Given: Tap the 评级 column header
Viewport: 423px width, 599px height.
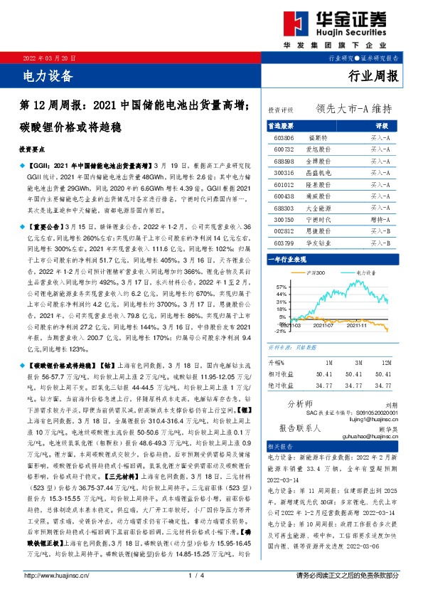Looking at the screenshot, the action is point(380,124).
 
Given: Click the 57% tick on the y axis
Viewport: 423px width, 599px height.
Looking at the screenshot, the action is point(282,285).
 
